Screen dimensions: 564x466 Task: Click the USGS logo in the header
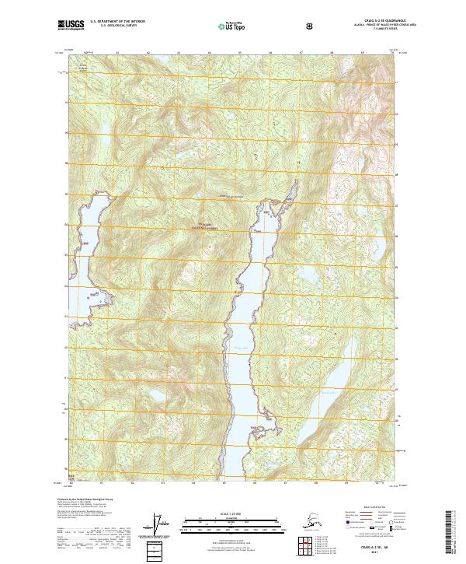pyautogui.click(x=69, y=26)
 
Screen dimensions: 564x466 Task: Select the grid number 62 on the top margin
pyautogui.click(x=148, y=53)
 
